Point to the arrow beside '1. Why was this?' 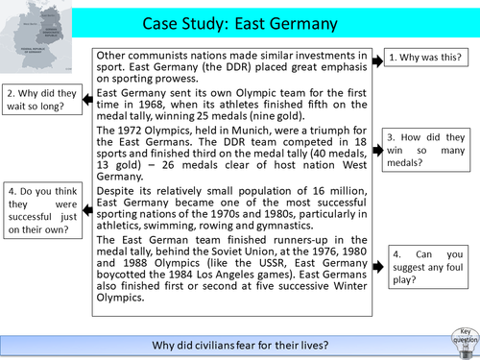(x=378, y=58)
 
